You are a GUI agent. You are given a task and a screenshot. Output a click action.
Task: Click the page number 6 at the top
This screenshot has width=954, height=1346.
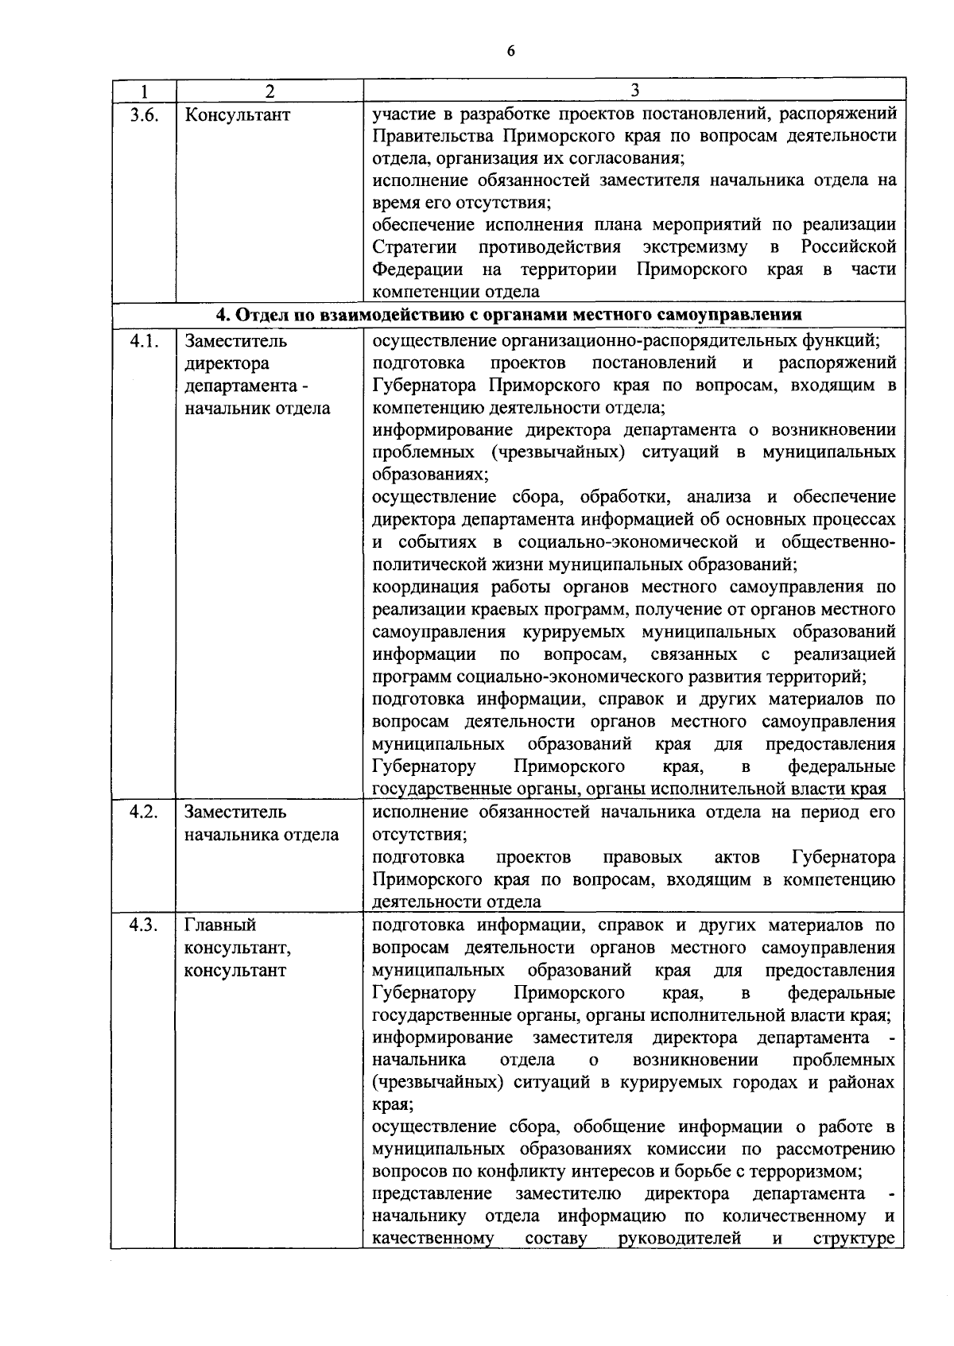[x=510, y=51]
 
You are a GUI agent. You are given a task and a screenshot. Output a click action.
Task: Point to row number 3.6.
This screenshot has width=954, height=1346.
[x=143, y=114]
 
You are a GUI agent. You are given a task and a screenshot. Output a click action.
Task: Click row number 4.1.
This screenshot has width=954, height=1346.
[x=143, y=341]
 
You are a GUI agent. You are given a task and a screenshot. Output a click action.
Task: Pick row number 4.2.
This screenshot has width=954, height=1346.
[x=143, y=813]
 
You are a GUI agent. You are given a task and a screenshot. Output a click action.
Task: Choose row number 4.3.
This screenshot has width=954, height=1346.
[x=143, y=925]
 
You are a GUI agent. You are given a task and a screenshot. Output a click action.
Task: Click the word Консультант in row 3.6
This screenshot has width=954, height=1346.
[x=237, y=114]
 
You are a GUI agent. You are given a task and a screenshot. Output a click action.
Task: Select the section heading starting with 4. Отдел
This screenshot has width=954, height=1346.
[x=509, y=314]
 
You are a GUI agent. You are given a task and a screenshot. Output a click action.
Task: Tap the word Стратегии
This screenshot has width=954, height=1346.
[x=414, y=247]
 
